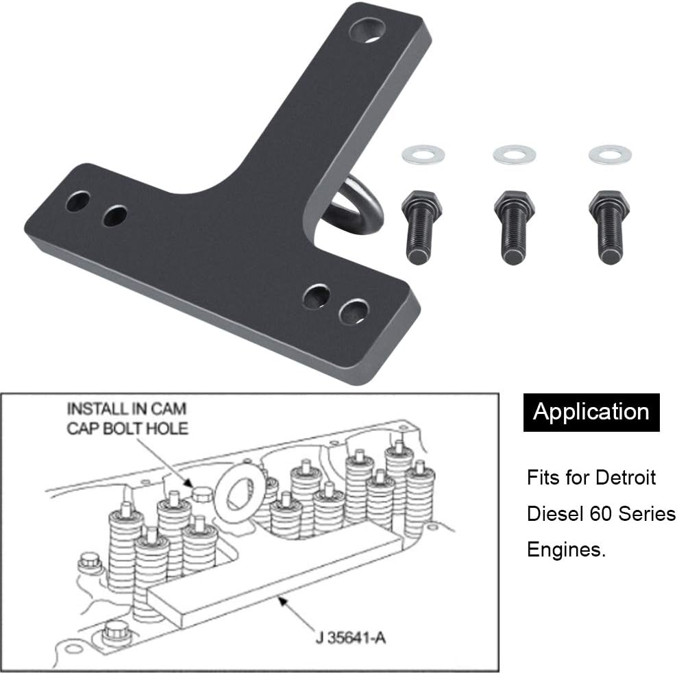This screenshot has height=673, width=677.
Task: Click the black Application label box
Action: pos(591,412)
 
